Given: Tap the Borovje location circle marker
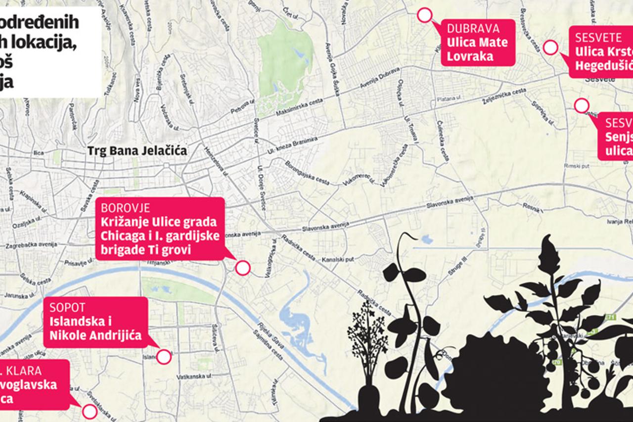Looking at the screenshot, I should click(242, 268).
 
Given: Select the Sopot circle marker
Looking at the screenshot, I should click(164, 356).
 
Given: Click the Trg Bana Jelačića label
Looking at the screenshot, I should click(137, 151).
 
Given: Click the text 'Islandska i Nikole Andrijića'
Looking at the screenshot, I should click(95, 328).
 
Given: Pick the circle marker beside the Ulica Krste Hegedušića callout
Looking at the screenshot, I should click(550, 47).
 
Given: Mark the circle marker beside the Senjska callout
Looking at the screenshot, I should click(582, 105).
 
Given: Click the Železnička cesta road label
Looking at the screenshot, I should click(504, 95).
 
